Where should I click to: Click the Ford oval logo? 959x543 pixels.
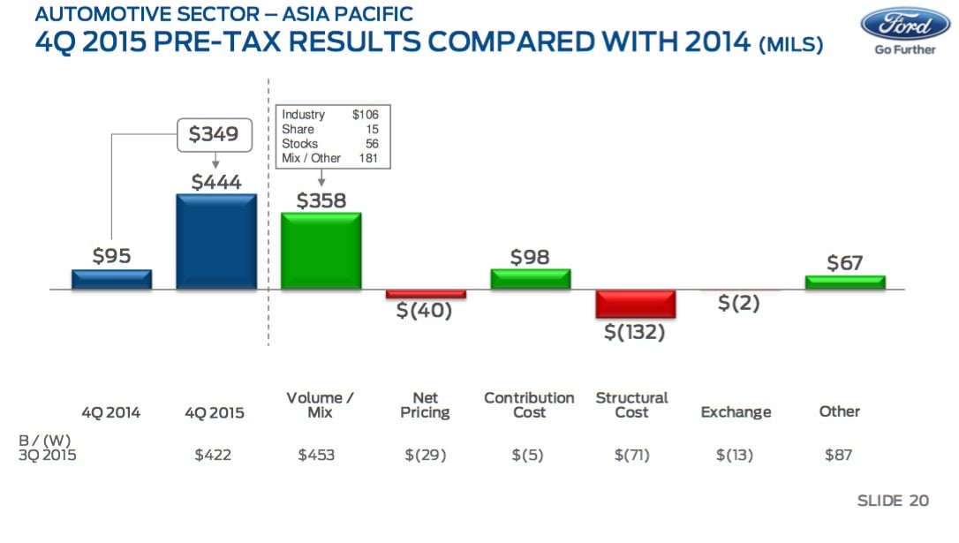click(x=905, y=24)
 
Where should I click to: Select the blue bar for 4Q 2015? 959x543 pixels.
click(x=216, y=242)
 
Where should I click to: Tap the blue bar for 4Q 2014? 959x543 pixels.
click(x=112, y=279)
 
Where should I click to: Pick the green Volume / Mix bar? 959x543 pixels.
click(x=321, y=251)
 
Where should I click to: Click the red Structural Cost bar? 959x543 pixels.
click(x=635, y=304)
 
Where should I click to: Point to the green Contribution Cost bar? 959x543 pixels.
click(x=530, y=279)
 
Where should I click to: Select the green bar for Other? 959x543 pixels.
click(x=844, y=283)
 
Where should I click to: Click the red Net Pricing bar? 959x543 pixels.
click(x=426, y=294)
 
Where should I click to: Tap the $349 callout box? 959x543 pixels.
click(x=215, y=134)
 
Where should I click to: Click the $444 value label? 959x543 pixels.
click(x=216, y=181)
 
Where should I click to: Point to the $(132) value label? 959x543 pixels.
click(x=634, y=332)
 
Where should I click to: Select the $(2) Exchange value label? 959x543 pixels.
click(x=738, y=303)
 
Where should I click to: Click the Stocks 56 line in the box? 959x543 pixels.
click(x=330, y=143)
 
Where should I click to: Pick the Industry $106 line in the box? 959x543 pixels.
click(x=330, y=115)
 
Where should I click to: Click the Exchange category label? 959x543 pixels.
click(x=736, y=412)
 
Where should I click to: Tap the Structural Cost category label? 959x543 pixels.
click(x=631, y=404)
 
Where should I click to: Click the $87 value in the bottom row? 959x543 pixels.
click(x=839, y=456)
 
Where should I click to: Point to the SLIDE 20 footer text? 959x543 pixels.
click(x=893, y=501)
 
